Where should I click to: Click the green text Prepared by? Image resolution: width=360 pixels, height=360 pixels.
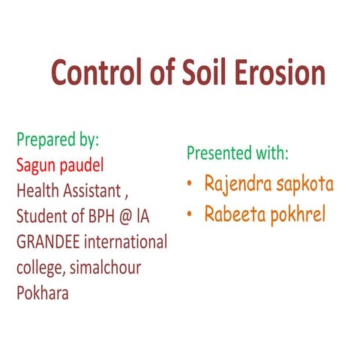tap(58, 139)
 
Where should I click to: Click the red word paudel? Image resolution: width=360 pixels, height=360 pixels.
tap(90, 165)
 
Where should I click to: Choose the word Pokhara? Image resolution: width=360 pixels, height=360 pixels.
tap(43, 292)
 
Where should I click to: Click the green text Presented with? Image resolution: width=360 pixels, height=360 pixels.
tap(237, 153)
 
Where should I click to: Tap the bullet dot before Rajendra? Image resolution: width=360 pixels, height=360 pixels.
tap(192, 184)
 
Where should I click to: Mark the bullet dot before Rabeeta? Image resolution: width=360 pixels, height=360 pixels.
tap(192, 214)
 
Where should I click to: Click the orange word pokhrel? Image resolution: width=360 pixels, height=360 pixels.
tap(305, 214)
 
